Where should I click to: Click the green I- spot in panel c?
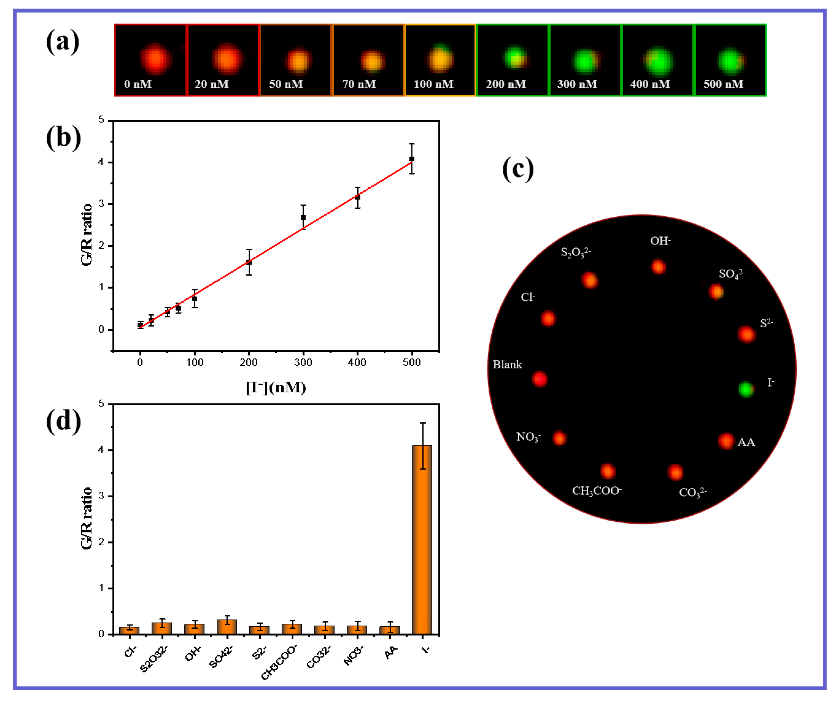coord(745,389)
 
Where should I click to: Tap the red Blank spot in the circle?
coord(540,379)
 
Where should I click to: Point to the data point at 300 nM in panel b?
coord(303,217)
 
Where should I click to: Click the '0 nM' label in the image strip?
coord(137,84)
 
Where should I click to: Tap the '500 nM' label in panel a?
coord(723,84)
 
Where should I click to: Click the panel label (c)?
coord(518,169)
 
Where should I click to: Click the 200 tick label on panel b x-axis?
coord(249,362)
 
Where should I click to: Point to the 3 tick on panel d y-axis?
coord(101,496)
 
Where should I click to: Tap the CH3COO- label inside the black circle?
coord(597,490)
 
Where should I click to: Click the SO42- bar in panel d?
coord(227,626)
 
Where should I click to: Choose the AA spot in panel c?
coord(726,441)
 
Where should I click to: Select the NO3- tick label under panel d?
coord(353,656)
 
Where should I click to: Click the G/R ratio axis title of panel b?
coord(86,234)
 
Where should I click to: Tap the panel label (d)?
coord(63,421)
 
